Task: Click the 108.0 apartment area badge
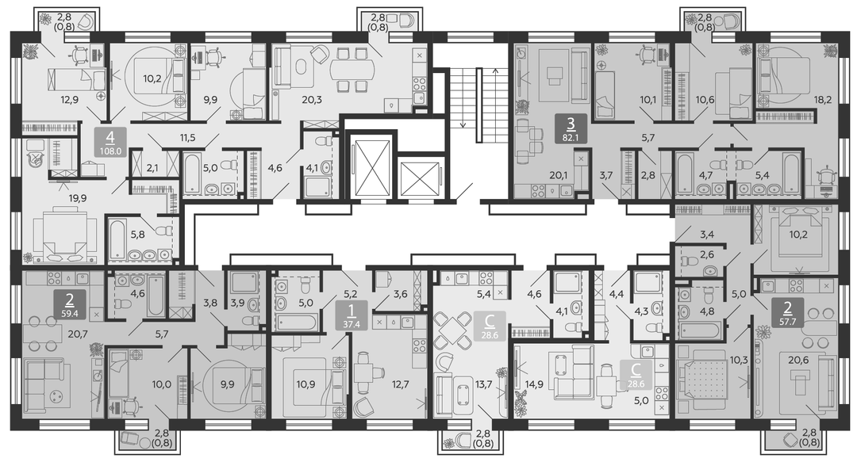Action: (110, 143)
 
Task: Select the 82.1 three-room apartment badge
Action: (570, 129)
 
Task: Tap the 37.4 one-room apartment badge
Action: (351, 315)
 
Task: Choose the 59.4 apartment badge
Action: (69, 305)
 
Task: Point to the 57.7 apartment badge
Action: (787, 312)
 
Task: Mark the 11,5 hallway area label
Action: (187, 138)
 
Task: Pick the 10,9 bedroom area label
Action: (306, 384)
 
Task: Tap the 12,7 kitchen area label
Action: (400, 384)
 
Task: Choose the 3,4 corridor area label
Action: (707, 235)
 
